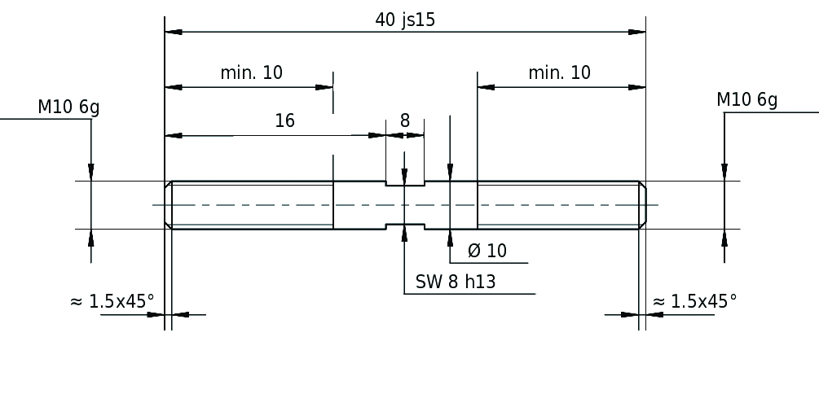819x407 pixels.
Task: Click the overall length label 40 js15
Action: tap(405, 20)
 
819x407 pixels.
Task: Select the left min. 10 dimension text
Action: tap(251, 72)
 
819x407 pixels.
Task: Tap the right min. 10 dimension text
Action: tap(559, 72)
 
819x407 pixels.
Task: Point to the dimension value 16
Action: tap(284, 121)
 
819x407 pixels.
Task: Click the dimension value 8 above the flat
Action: tap(405, 121)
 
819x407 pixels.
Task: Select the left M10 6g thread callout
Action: tap(68, 107)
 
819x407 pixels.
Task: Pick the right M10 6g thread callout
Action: tap(746, 100)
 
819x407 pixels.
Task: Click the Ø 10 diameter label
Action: tap(487, 252)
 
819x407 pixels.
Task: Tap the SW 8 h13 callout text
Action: tap(456, 282)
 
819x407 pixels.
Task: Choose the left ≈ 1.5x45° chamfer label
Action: tap(112, 302)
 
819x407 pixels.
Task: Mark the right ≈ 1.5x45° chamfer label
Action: tap(695, 302)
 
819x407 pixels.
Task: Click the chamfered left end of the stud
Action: tap(169, 205)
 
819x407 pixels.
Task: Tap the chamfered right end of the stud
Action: tap(642, 205)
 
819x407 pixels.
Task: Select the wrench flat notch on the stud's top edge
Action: tap(405, 184)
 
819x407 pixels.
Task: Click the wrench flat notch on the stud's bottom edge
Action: tap(405, 225)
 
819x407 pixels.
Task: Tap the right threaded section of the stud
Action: tap(558, 205)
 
